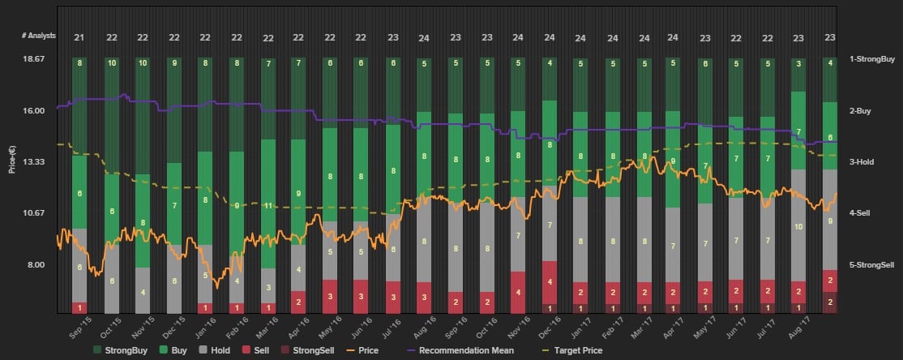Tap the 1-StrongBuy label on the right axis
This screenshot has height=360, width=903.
pyautogui.click(x=871, y=59)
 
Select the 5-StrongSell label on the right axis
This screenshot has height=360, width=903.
pyautogui.click(x=871, y=265)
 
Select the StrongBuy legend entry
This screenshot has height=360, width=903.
pyautogui.click(x=131, y=351)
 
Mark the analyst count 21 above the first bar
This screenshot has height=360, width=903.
pyautogui.click(x=79, y=37)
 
